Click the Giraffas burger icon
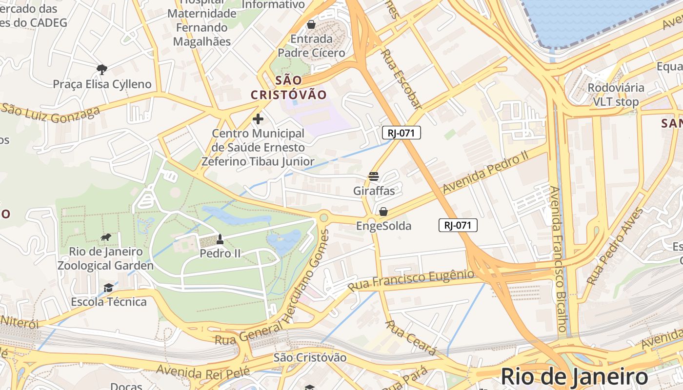coord(374,176)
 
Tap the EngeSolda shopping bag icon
coord(383,212)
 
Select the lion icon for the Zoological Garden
coord(106,237)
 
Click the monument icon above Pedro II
coord(220,239)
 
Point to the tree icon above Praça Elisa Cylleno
coord(101,69)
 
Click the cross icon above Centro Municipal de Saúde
coord(258,118)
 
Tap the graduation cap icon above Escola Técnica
coord(108,288)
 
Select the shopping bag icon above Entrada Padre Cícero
coord(311,24)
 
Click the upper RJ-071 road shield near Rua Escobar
coord(401,133)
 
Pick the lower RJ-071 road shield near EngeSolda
coord(458,225)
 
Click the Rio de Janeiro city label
coord(574,377)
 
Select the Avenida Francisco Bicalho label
coord(560,258)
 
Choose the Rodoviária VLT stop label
coord(616,95)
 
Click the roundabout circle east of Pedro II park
coord(323,217)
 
